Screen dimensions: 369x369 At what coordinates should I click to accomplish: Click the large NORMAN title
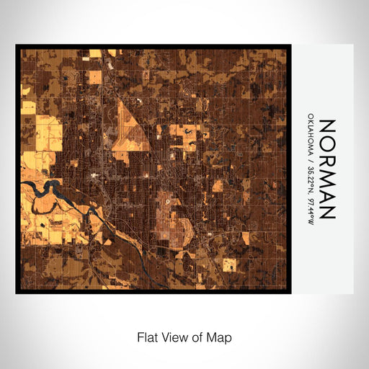pyautogui.click(x=326, y=169)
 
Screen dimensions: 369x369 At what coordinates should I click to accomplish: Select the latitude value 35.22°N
pyautogui.click(x=311, y=180)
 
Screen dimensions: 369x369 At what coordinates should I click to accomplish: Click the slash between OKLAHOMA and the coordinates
pyautogui.click(x=311, y=164)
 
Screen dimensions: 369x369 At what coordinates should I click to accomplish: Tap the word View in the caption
pyautogui.click(x=172, y=337)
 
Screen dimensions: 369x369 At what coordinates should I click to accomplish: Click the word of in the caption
pyautogui.click(x=192, y=337)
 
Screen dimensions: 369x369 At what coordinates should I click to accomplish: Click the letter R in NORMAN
pyautogui.click(x=326, y=156)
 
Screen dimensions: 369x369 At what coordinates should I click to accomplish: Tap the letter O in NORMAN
pyautogui.click(x=326, y=141)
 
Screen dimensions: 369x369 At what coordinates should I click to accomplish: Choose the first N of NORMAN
pyautogui.click(x=326, y=125)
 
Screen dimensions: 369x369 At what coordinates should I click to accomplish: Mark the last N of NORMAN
pyautogui.click(x=326, y=211)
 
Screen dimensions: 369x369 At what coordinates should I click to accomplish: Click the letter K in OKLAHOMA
pyautogui.click(x=311, y=120)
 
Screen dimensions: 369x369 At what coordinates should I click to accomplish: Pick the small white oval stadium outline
pyautogui.click(x=169, y=203)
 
